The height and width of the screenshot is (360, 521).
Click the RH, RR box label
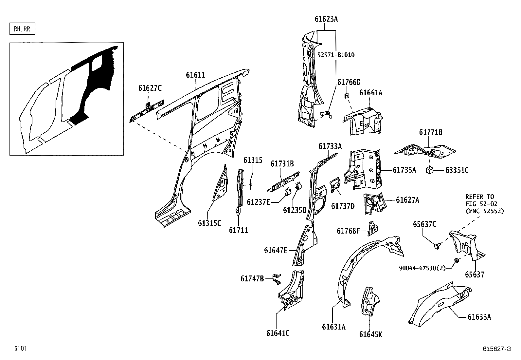(22, 29)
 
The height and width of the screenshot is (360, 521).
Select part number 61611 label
(195, 75)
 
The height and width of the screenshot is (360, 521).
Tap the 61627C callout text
(150, 88)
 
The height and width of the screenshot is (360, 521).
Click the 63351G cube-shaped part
(430, 170)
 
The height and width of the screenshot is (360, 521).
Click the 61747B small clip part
(277, 279)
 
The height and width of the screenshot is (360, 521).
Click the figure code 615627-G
(496, 349)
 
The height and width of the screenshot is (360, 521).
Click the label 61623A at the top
(326, 19)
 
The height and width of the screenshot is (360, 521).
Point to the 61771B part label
(431, 132)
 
